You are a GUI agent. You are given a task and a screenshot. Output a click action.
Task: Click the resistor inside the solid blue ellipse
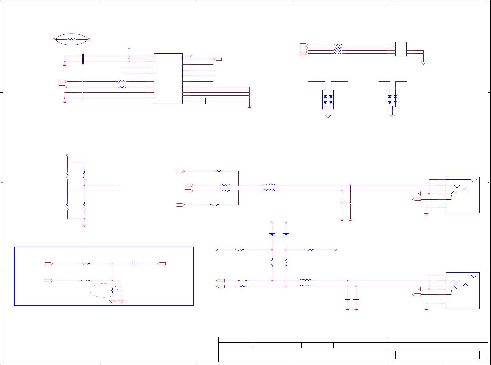point(71,39)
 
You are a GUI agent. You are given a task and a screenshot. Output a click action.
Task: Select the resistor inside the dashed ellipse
point(112,290)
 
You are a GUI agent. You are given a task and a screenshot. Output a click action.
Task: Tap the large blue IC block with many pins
point(168,78)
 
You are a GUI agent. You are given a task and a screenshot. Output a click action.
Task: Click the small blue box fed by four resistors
point(401,49)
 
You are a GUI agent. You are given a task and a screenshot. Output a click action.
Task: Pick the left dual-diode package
point(328,99)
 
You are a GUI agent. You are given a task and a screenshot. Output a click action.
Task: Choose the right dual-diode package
point(392,99)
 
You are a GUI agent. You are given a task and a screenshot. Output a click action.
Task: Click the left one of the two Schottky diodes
point(272,234)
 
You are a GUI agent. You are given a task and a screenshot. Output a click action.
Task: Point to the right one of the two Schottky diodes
point(286,234)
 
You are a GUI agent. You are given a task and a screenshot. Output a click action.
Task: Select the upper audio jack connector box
point(462,195)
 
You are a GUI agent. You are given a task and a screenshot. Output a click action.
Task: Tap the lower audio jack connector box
point(462,290)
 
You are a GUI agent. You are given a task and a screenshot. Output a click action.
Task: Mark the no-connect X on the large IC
point(191,56)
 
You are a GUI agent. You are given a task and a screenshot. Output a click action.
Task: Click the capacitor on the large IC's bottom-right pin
point(206,101)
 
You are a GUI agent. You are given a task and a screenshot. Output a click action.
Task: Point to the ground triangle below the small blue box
point(423,63)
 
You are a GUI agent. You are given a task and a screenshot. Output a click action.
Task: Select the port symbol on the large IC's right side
point(218,59)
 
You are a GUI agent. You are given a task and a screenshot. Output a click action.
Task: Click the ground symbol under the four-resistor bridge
point(84,225)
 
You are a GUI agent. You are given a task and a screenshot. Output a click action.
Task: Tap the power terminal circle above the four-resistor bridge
point(67,155)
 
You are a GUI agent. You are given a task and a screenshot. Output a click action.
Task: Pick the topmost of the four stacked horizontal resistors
point(338,45)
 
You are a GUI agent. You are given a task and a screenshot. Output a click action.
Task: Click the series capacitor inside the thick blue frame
point(133,264)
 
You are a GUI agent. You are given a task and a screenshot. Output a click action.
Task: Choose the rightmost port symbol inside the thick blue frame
point(161,264)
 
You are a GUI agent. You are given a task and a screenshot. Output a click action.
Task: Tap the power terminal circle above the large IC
point(129,49)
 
